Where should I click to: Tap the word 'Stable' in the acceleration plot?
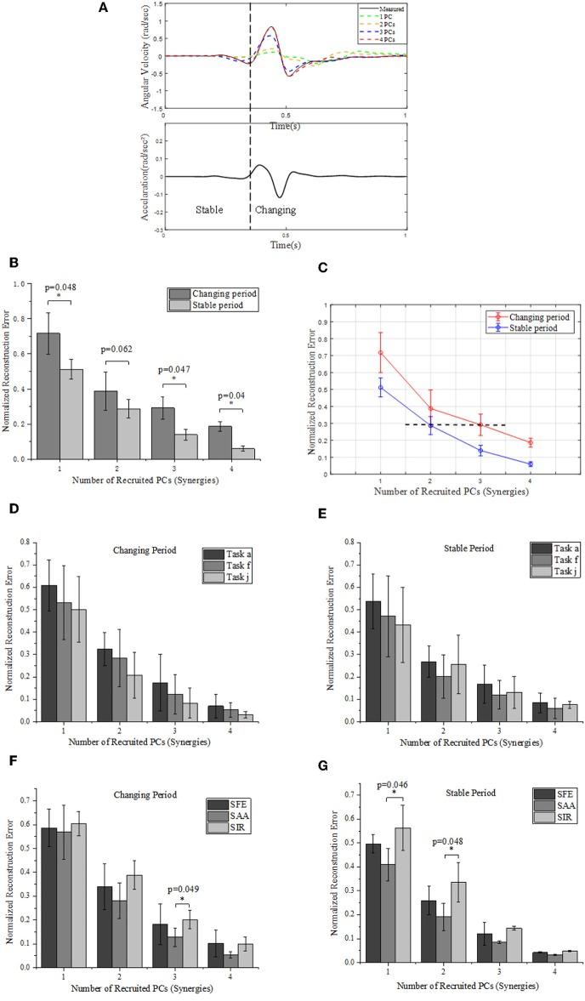(x=210, y=208)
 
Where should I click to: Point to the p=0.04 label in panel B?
(x=224, y=395)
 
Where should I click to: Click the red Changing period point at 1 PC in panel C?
(x=380, y=352)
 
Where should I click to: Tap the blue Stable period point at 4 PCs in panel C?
(x=531, y=464)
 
